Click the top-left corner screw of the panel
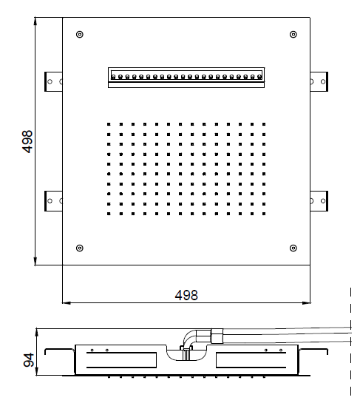coord(80,34)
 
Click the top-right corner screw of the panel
coord(293,34)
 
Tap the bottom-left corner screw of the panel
coord(80,248)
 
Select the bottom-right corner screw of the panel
coord(293,248)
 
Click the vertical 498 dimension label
coord(28,142)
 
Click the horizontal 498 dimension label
coord(186,295)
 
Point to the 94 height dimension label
coord(29,360)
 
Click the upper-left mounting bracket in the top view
coord(53,81)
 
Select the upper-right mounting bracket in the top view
coord(319,81)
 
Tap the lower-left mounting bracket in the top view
coord(53,201)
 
